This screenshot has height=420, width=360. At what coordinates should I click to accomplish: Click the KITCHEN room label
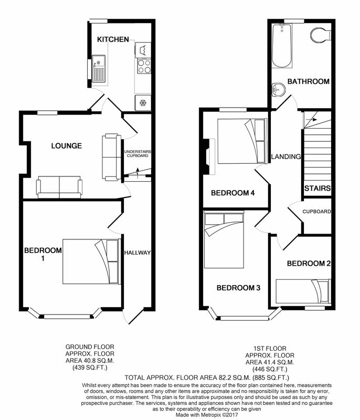[x=113, y=39]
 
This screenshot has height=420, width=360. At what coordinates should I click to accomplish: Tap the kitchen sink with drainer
[x=99, y=68]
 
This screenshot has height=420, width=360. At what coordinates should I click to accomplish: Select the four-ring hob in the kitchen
[x=144, y=66]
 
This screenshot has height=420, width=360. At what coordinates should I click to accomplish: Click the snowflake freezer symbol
[x=143, y=102]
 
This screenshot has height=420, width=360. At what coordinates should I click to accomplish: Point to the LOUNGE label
[x=66, y=146]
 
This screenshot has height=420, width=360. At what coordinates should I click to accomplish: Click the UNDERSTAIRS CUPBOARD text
[x=137, y=153]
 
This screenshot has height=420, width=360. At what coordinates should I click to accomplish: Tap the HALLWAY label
[x=137, y=253]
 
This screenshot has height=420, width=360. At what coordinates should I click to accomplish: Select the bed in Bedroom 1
[x=90, y=261]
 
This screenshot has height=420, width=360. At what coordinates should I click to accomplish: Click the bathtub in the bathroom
[x=282, y=46]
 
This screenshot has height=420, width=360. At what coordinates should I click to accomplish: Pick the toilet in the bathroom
[x=321, y=35]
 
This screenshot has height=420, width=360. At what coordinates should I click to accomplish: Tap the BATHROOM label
[x=309, y=81]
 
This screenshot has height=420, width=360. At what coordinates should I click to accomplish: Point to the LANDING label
[x=286, y=156]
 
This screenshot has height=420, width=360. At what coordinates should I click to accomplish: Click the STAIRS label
[x=317, y=188]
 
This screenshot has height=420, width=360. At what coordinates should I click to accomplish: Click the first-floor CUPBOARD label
[x=316, y=212]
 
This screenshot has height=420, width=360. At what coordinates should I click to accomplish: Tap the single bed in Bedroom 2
[x=303, y=292]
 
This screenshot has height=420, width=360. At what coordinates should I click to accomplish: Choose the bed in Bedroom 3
[x=224, y=240]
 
